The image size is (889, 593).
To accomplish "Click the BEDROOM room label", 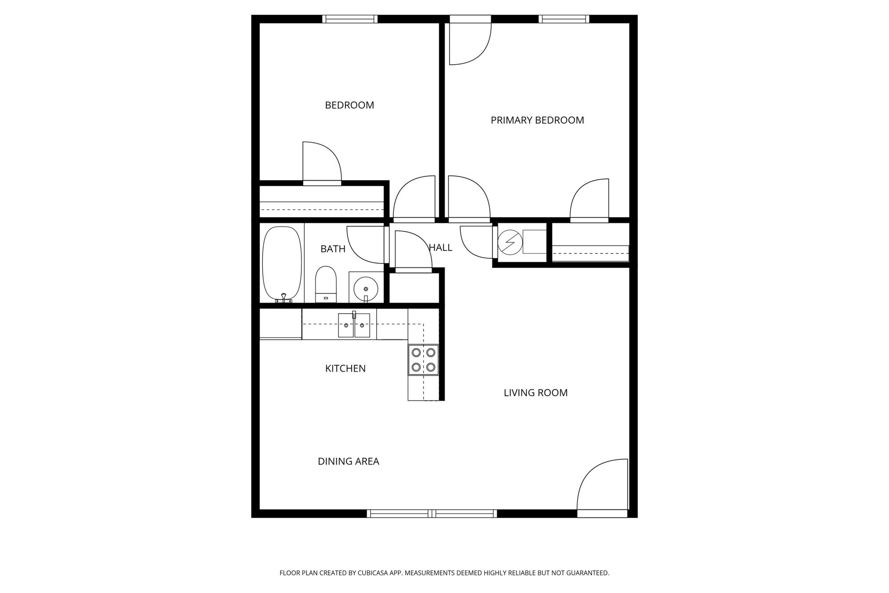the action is [349, 105].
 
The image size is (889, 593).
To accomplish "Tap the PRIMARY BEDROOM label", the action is [537, 120].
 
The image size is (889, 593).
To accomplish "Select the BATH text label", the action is [333, 249].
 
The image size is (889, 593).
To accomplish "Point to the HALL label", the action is [441, 248].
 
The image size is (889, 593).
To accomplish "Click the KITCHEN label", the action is [345, 368].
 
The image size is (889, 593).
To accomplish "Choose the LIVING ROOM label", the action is [536, 393].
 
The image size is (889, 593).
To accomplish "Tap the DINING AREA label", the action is [348, 461].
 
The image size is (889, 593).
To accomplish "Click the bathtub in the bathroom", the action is [282, 265].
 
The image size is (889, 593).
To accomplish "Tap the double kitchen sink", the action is [354, 325].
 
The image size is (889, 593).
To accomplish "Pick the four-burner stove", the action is [423, 360].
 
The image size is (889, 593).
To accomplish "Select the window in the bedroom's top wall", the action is [350, 19].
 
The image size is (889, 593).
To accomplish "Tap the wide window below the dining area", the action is [432, 513].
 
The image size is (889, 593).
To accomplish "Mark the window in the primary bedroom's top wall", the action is [564, 19].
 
